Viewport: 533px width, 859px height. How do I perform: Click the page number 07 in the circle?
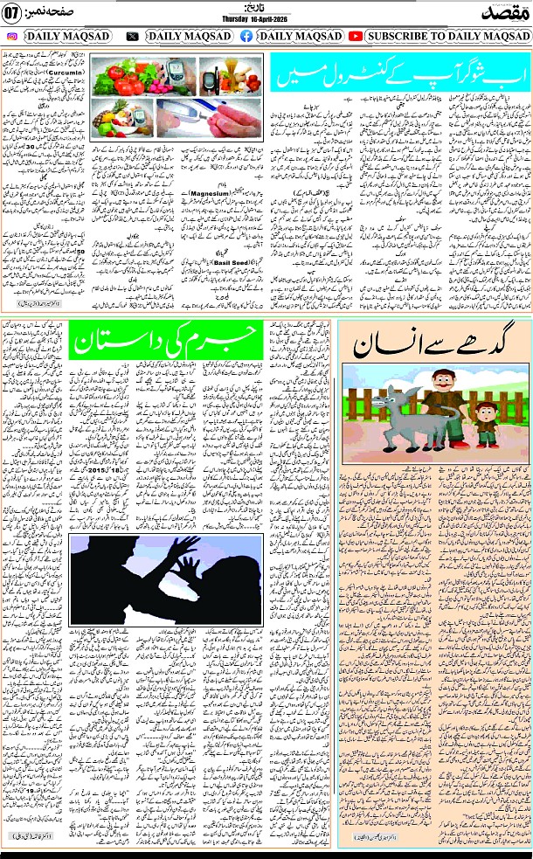click(x=12, y=15)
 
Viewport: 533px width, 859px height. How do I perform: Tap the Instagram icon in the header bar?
click(x=11, y=36)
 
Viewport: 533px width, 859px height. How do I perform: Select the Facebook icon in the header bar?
click(x=246, y=36)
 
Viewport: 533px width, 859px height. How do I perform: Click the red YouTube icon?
click(x=356, y=36)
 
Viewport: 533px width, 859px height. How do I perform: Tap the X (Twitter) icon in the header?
click(x=132, y=36)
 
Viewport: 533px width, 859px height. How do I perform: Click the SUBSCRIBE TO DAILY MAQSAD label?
click(x=446, y=36)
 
